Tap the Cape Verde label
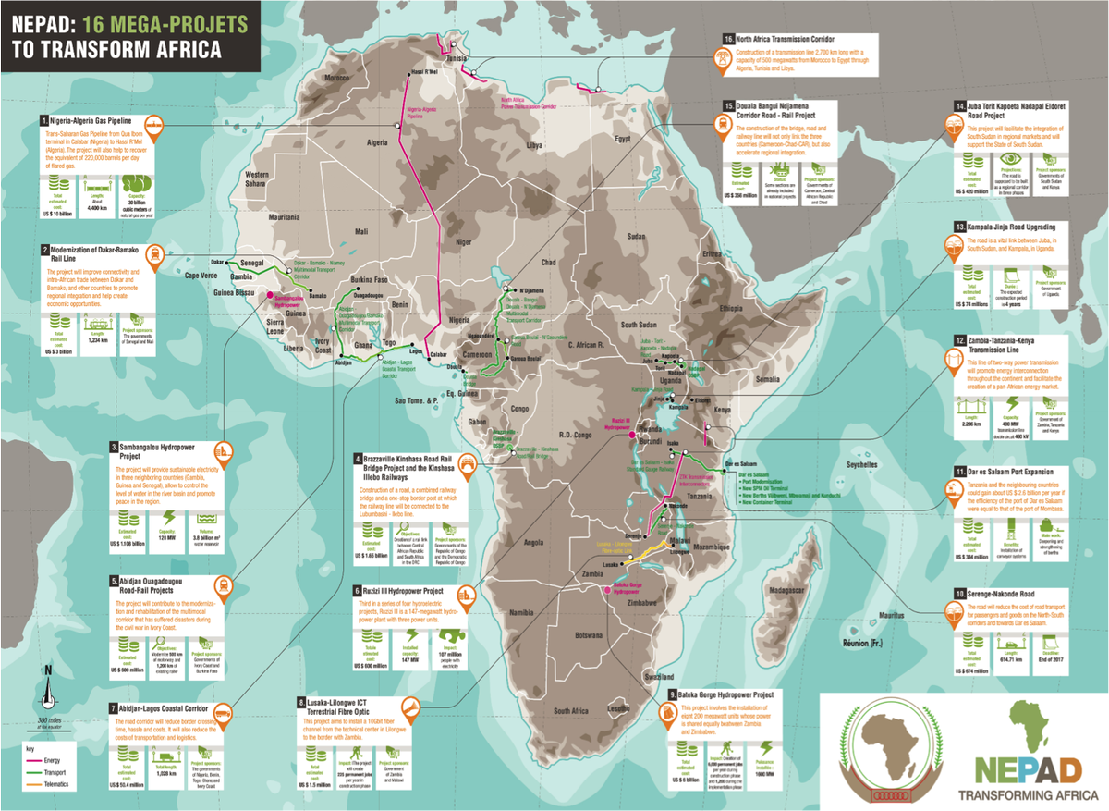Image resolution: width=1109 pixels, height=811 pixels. coord(205,275)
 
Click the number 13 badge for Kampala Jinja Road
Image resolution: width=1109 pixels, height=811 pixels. coord(958,227)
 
